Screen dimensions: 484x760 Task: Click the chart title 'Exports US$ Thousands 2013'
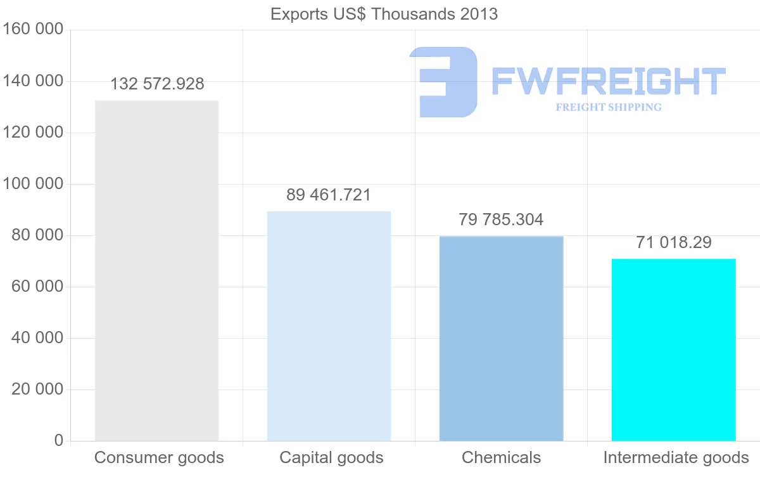[384, 14]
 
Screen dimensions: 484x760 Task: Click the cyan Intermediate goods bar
[673, 350]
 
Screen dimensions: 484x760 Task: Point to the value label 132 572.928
[157, 84]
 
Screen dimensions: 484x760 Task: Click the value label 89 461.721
[329, 195]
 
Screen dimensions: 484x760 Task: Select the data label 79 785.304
[501, 219]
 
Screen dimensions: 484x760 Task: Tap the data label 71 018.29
[673, 242]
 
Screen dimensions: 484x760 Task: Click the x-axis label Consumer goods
[159, 457]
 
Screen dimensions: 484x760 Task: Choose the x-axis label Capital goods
[331, 457]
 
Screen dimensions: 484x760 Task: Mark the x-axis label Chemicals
[501, 457]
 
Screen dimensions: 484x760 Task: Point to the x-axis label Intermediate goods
[676, 457]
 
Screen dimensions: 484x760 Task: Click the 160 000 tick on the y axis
[33, 29]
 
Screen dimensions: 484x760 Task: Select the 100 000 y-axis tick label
[33, 184]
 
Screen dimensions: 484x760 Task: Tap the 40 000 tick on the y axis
[37, 338]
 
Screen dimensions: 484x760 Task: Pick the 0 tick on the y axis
[58, 440]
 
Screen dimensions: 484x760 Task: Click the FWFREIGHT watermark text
[608, 81]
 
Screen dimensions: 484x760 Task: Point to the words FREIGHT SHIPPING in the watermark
[608, 107]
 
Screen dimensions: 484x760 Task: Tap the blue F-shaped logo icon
[444, 82]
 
